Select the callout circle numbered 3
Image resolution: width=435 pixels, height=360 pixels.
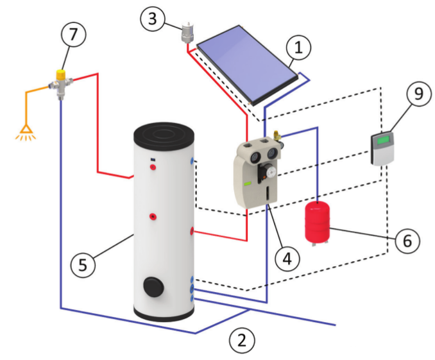click(153, 19)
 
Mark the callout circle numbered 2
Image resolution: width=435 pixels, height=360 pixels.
click(241, 339)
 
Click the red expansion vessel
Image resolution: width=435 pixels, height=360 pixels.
click(316, 222)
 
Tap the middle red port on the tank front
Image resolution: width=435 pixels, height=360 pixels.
click(153, 217)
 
